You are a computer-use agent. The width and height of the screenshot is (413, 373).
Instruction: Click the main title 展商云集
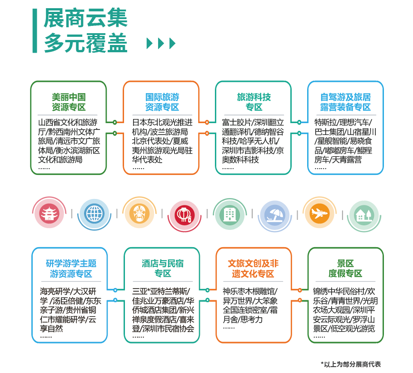coord(85,18)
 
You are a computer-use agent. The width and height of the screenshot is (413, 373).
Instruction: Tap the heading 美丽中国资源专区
coord(69,102)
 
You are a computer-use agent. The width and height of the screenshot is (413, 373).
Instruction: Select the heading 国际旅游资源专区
coord(162,102)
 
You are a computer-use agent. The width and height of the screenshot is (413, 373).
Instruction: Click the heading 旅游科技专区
coord(254,102)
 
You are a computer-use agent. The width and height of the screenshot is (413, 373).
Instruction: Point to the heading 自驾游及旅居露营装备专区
coord(346,102)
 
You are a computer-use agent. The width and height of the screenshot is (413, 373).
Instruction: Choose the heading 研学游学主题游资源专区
coord(71,269)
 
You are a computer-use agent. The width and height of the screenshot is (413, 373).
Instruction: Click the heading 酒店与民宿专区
coord(163,269)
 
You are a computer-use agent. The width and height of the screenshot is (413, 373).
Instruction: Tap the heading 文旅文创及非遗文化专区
coord(253,269)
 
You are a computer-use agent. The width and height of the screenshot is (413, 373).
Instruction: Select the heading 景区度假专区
coord(345,269)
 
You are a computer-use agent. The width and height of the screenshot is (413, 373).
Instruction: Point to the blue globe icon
coord(95,214)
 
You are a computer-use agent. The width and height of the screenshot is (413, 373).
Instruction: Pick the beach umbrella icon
coord(275,215)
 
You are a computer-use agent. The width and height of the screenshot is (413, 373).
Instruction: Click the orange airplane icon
coord(320,213)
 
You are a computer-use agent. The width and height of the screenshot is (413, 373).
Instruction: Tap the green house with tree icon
coord(364,215)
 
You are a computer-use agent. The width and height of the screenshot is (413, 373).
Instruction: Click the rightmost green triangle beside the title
coord(172,44)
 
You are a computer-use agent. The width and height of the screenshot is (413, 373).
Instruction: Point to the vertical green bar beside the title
coord(35,31)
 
